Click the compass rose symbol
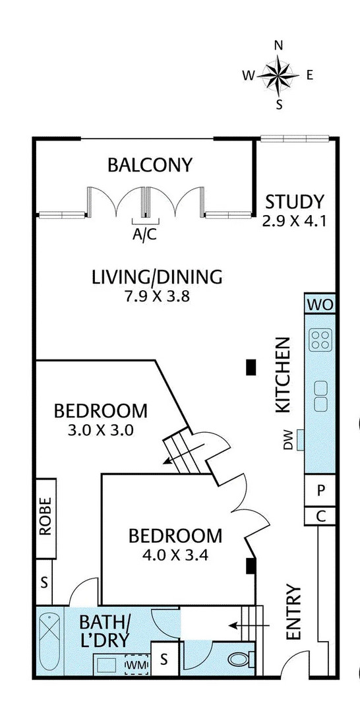point(278,75)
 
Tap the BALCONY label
point(150,165)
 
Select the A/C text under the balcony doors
point(145,234)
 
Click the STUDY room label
point(295,201)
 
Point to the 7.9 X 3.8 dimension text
point(157,297)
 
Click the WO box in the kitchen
point(320,305)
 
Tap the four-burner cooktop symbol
point(320,340)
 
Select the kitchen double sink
point(320,395)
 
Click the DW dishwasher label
point(287,440)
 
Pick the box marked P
point(320,490)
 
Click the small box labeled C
point(320,516)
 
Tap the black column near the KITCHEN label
point(251,367)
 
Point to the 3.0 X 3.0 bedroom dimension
point(100,430)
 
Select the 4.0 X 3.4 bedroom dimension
point(175,555)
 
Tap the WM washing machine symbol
point(137,665)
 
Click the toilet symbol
point(240,659)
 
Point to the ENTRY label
point(294,612)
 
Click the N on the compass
point(278,45)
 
